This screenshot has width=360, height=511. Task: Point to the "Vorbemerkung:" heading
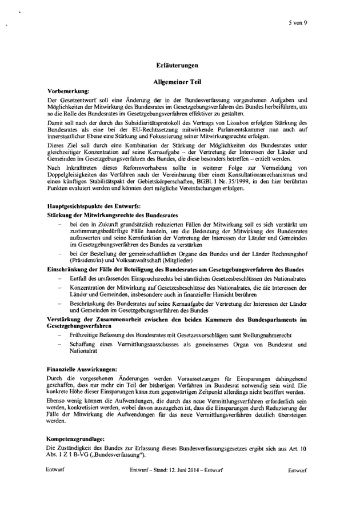click(66, 91)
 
